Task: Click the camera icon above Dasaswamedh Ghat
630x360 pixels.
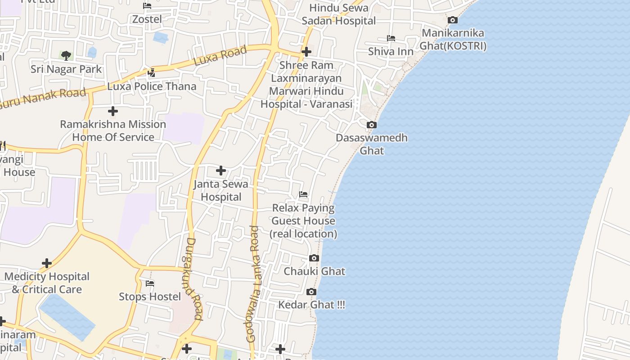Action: (x=371, y=125)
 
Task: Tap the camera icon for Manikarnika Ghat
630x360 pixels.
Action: (x=453, y=20)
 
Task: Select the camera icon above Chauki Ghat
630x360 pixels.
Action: (x=314, y=258)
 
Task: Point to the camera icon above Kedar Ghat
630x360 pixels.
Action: (x=311, y=292)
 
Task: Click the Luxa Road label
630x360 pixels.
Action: (x=220, y=56)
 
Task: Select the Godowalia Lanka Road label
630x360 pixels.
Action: (x=253, y=284)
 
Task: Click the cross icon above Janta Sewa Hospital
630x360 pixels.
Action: (x=220, y=171)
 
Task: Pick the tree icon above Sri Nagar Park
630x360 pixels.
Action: (x=66, y=56)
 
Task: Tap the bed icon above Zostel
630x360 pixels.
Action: (x=147, y=6)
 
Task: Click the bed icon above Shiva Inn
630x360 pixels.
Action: (x=391, y=38)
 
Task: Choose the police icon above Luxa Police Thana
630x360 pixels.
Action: (x=152, y=72)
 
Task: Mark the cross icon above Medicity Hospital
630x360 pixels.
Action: (x=47, y=263)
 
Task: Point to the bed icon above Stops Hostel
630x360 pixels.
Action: (x=150, y=283)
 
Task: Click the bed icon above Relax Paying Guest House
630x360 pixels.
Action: (x=303, y=194)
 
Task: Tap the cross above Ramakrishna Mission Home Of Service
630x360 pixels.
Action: (x=113, y=111)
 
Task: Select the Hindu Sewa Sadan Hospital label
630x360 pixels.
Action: (x=338, y=14)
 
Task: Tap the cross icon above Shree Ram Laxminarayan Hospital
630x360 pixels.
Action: (x=306, y=52)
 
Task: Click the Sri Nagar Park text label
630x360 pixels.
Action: (x=66, y=69)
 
